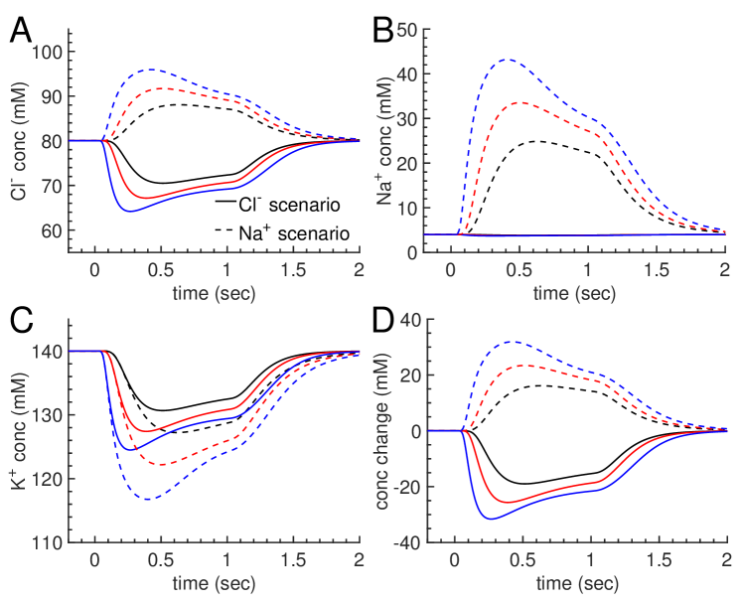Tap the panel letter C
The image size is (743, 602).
21,323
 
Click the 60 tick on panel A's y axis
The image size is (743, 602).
53,230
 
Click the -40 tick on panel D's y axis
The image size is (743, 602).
407,542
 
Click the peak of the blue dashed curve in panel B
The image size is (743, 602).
509,60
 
